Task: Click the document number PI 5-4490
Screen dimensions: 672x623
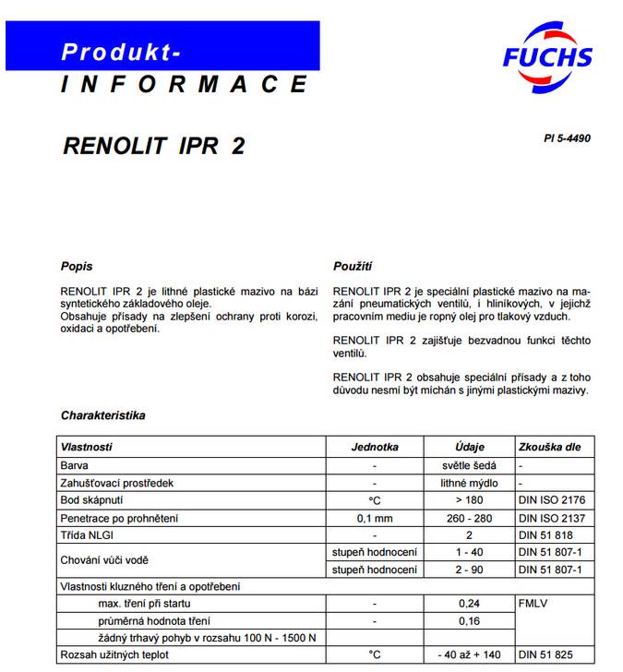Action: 567,139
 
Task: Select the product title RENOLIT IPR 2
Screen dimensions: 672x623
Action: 154,146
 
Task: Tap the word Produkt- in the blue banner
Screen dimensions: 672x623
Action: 121,52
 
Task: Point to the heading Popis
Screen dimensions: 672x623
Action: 77,267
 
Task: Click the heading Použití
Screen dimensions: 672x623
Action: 353,267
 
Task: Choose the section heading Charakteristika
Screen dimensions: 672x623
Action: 102,415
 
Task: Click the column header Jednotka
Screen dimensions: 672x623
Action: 375,447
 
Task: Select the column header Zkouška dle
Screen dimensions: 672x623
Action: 551,447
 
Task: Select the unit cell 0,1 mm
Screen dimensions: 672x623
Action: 375,517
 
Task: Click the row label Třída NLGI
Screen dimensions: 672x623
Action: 88,534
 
